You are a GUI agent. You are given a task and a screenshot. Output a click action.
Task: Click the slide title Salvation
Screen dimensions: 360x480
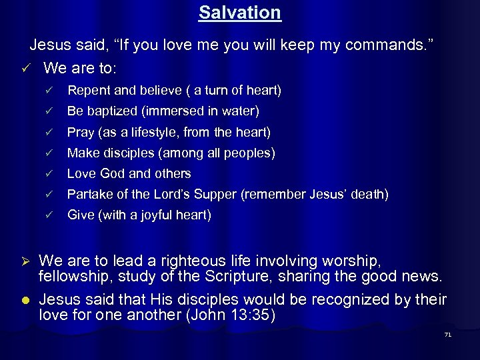[240, 12]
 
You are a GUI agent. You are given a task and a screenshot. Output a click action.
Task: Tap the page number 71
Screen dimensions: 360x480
[447, 334]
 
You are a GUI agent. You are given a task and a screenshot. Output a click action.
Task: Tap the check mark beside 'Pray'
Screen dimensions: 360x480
[47, 132]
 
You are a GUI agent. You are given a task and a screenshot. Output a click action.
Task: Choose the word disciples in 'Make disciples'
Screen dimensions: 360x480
[127, 153]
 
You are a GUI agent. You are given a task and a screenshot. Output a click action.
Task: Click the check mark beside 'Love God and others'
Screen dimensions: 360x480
[47, 173]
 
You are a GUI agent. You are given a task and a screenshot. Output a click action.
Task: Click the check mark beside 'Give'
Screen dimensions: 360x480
[47, 215]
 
